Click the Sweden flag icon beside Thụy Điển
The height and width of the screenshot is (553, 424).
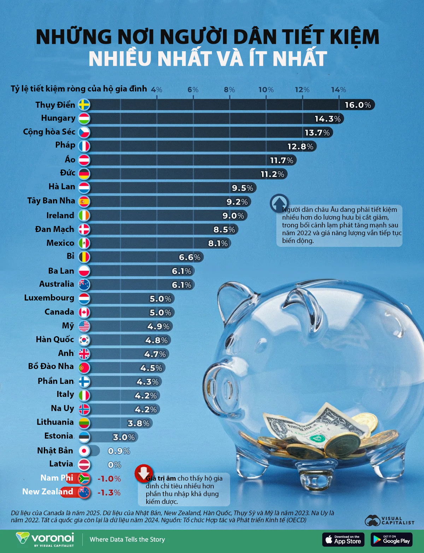pos(84,105)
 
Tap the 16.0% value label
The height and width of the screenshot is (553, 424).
pos(358,105)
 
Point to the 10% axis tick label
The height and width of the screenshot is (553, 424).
pos(266,90)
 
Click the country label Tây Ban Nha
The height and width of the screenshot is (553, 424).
pos(51,201)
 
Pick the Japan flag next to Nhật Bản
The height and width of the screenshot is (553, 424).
pos(84,451)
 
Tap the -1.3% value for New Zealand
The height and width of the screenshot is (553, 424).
pos(109,493)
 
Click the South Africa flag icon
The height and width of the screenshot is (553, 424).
pos(84,478)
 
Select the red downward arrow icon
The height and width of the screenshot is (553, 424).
pos(143,473)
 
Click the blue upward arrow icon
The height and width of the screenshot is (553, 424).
pos(279,203)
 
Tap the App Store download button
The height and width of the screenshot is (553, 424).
pos(343,540)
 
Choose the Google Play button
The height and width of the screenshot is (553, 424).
pos(391,540)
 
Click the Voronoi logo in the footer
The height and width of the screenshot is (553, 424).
pos(45,539)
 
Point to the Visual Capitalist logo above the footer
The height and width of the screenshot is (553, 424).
pos(389,520)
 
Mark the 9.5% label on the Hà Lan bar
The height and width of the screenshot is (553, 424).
pos(242,188)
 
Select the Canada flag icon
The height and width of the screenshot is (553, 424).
pos(84,312)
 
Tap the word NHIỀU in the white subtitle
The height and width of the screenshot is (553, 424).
pos(120,59)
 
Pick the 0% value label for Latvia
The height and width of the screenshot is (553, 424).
pos(114,465)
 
